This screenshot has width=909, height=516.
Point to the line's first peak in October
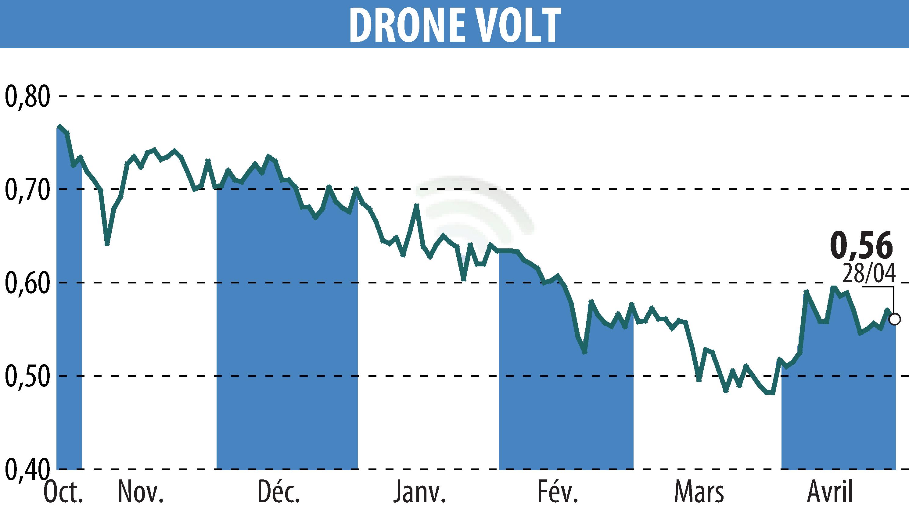(59, 126)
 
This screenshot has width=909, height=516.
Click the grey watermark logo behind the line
(475, 205)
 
